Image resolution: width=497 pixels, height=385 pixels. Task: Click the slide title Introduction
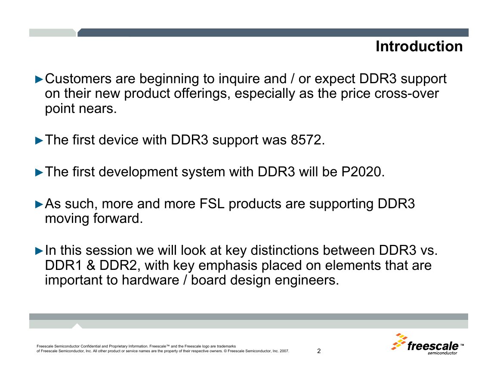coord(419,47)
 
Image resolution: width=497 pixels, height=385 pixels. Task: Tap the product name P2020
coord(361,172)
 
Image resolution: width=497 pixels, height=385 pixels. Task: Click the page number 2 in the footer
coord(319,351)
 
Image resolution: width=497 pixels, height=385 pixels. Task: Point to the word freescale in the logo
coord(432,346)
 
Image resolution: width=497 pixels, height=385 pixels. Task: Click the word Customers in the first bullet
coord(78,78)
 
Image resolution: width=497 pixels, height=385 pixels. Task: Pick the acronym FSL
coord(212,203)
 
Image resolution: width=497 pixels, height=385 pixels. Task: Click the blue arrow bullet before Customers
coord(39,79)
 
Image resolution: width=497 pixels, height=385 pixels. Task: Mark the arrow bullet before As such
coord(39,204)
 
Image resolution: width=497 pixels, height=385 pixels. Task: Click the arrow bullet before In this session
coord(39,251)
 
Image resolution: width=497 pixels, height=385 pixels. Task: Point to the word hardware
coord(150,280)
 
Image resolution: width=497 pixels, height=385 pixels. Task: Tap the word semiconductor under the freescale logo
coord(442,353)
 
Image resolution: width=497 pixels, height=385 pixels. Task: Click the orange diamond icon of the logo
coord(399,341)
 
